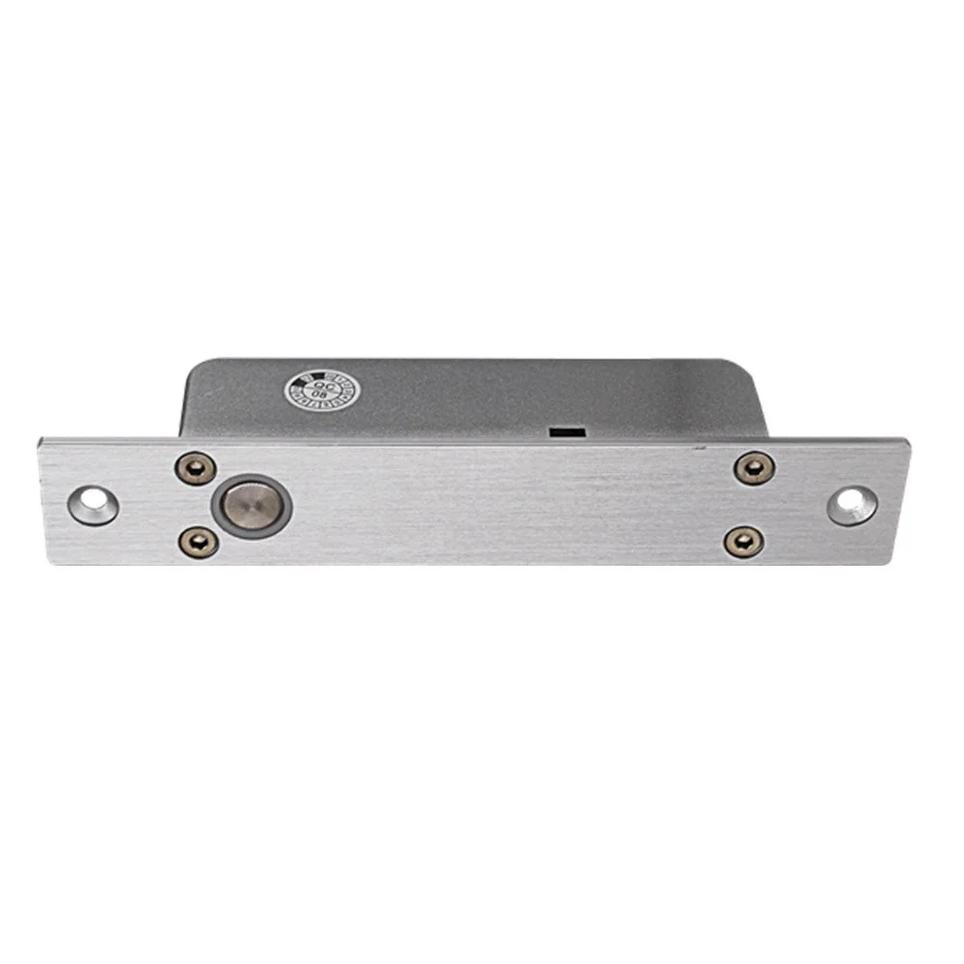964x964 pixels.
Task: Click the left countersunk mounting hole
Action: click(93, 503)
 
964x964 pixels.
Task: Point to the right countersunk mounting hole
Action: click(852, 505)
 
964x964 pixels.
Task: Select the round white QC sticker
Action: click(321, 391)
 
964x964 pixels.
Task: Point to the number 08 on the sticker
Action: click(321, 396)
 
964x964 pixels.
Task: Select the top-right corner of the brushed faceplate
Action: click(907, 440)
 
